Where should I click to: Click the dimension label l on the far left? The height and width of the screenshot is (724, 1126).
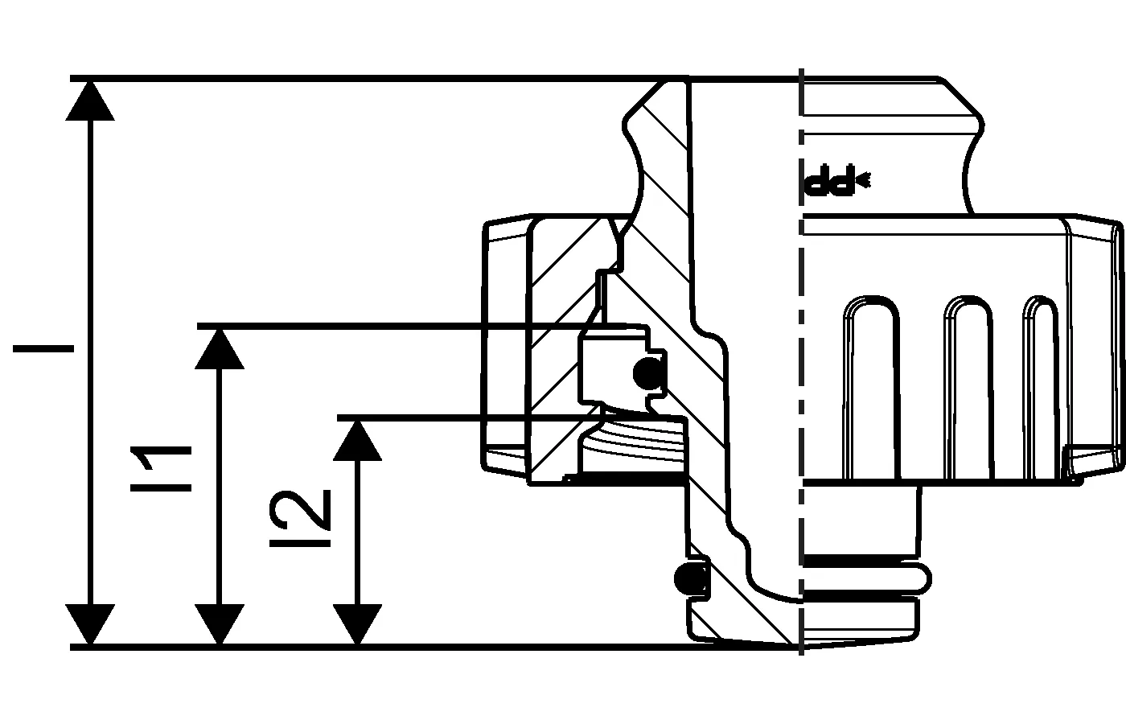click(43, 349)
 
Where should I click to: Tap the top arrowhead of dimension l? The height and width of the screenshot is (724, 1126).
click(89, 100)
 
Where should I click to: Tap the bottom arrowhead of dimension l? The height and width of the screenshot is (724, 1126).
click(89, 624)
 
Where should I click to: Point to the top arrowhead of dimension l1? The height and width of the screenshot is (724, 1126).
click(220, 348)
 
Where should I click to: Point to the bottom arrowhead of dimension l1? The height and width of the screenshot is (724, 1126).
click(220, 624)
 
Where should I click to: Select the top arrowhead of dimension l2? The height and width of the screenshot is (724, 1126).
click(357, 439)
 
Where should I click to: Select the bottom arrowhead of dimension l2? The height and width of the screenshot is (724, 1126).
click(357, 624)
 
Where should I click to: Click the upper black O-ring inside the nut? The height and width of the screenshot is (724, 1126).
click(647, 372)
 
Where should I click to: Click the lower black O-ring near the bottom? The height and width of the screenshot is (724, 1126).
click(690, 577)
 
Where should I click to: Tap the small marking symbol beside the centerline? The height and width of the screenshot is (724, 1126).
click(836, 183)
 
